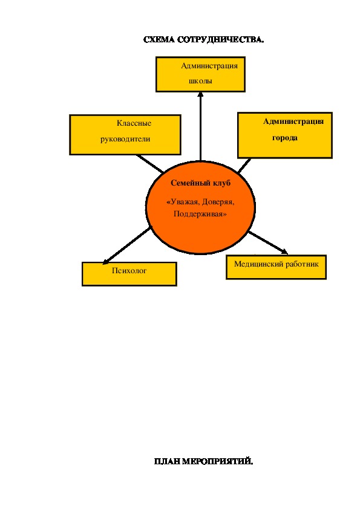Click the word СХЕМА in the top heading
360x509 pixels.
click(159, 40)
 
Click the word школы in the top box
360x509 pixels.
click(200, 81)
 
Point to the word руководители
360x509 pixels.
click(125, 139)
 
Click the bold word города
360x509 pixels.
click(285, 138)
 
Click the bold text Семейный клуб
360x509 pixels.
click(200, 183)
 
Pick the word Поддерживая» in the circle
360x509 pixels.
click(200, 214)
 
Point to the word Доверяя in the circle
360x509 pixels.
click(217, 202)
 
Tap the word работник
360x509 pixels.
click(302, 264)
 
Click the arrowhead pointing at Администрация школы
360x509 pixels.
click(200, 94)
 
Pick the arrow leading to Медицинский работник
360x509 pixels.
click(268, 243)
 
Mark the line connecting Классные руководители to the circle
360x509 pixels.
click(150, 163)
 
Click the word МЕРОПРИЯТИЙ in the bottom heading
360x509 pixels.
click(217, 461)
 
